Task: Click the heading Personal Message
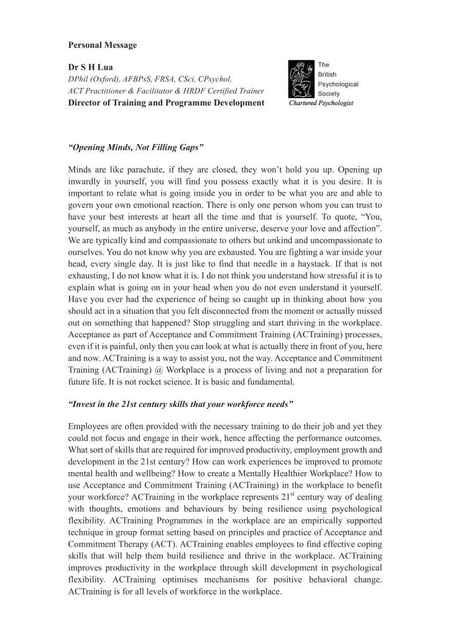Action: click(x=103, y=45)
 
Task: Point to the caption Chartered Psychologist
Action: click(x=321, y=103)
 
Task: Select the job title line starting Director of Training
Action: click(x=166, y=102)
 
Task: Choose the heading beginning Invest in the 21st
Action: click(x=181, y=404)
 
